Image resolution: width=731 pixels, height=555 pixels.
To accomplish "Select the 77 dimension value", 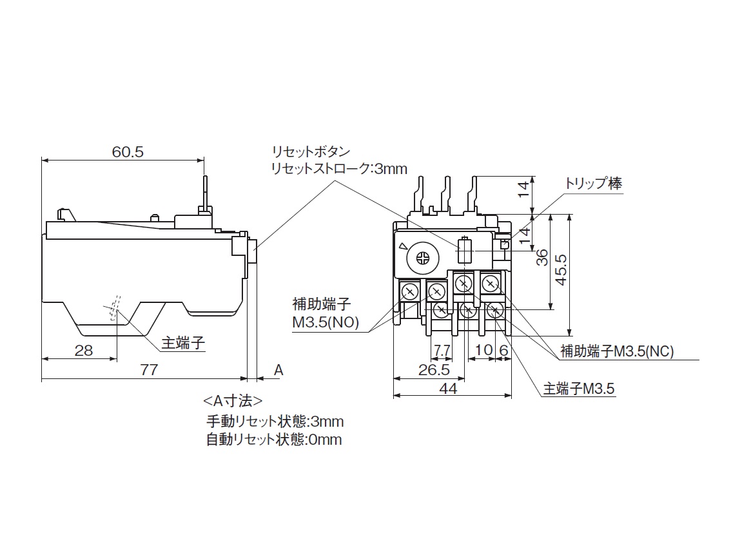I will coord(149,369).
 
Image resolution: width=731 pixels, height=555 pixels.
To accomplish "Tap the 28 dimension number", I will coord(84,351).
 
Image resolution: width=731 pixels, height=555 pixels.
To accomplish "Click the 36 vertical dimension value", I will coord(542,258).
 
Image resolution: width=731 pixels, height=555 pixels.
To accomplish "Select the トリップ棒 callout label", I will coord(593,183).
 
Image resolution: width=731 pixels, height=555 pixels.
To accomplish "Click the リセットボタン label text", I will coord(311,152).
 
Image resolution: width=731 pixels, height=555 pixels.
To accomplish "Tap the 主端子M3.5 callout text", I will coord(579,389).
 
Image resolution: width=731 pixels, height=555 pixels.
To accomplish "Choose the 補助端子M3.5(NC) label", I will coord(617,351).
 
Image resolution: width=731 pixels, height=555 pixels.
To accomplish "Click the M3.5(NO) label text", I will coord(325,322).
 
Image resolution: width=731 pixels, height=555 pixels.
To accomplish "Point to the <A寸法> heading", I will coord(233,401).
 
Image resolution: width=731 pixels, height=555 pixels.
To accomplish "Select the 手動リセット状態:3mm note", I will coord(275,422).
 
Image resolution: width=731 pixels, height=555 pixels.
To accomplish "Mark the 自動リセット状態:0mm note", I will coord(275,440).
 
